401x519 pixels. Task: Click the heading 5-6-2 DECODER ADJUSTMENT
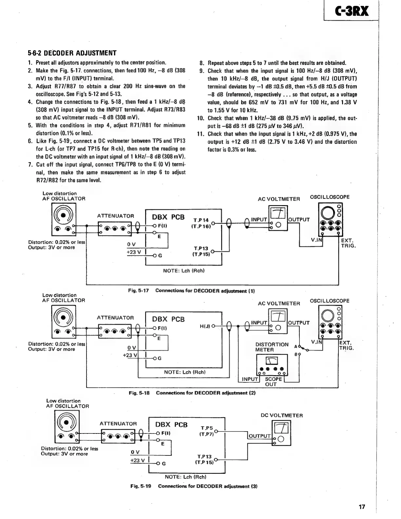coord(72,53)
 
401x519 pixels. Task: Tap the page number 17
coord(361,507)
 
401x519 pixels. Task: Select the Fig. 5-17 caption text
coord(191,291)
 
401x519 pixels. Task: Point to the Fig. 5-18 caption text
coord(192,393)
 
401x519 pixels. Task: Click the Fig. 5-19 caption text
coord(194,486)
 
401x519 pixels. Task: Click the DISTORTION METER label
coord(272,347)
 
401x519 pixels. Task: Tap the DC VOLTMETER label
coord(282,415)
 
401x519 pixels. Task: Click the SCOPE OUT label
coord(273,381)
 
